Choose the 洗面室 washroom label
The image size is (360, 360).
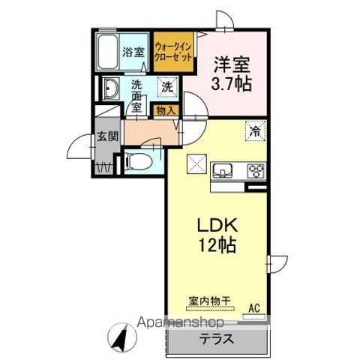click(137, 94)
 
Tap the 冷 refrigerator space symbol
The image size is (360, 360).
click(256, 130)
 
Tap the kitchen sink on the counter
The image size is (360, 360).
click(223, 169)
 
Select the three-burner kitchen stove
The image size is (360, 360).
click(256, 168)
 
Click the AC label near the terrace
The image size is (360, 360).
click(253, 307)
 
